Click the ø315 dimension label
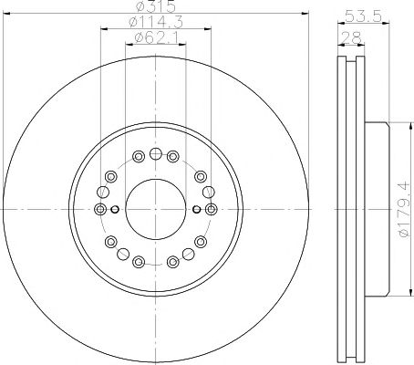[156, 6]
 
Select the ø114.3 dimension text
[156, 22]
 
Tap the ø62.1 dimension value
[156, 37]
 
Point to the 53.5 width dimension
[364, 16]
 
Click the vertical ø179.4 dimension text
[404, 210]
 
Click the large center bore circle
[156, 209]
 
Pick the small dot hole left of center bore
[115, 209]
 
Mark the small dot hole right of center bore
[197, 209]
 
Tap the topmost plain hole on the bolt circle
[156, 154]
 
